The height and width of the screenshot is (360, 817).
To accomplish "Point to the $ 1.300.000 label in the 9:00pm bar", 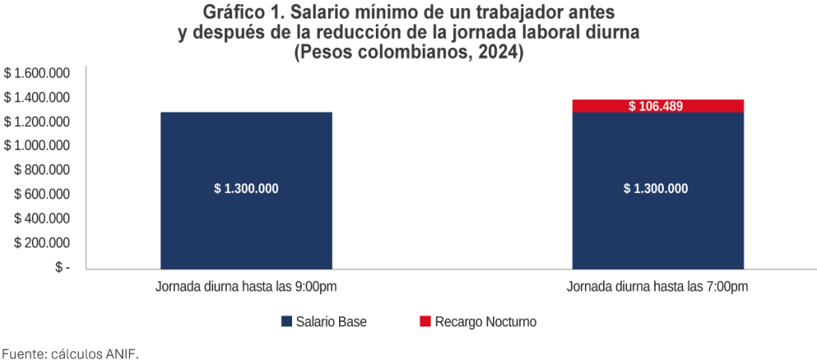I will tap(246, 189).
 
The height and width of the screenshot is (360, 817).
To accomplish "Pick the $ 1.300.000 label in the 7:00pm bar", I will tap(655, 189).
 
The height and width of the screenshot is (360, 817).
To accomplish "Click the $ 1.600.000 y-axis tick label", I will tap(37, 73).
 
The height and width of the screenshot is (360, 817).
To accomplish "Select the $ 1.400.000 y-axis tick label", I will tap(37, 97).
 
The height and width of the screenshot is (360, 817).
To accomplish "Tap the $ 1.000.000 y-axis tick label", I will tap(37, 146).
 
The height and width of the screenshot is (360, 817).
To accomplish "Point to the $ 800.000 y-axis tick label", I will tap(42, 170).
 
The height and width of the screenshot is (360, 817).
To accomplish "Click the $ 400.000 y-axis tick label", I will tap(42, 219).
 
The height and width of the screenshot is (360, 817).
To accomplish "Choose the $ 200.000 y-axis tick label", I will tap(42, 243).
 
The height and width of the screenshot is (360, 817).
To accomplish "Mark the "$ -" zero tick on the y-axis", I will tap(62, 267).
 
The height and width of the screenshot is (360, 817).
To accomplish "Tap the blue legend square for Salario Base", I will tap(286, 322).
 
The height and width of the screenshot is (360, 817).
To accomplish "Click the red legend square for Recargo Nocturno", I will tap(425, 322).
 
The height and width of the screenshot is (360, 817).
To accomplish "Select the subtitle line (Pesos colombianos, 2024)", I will tap(408, 53).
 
